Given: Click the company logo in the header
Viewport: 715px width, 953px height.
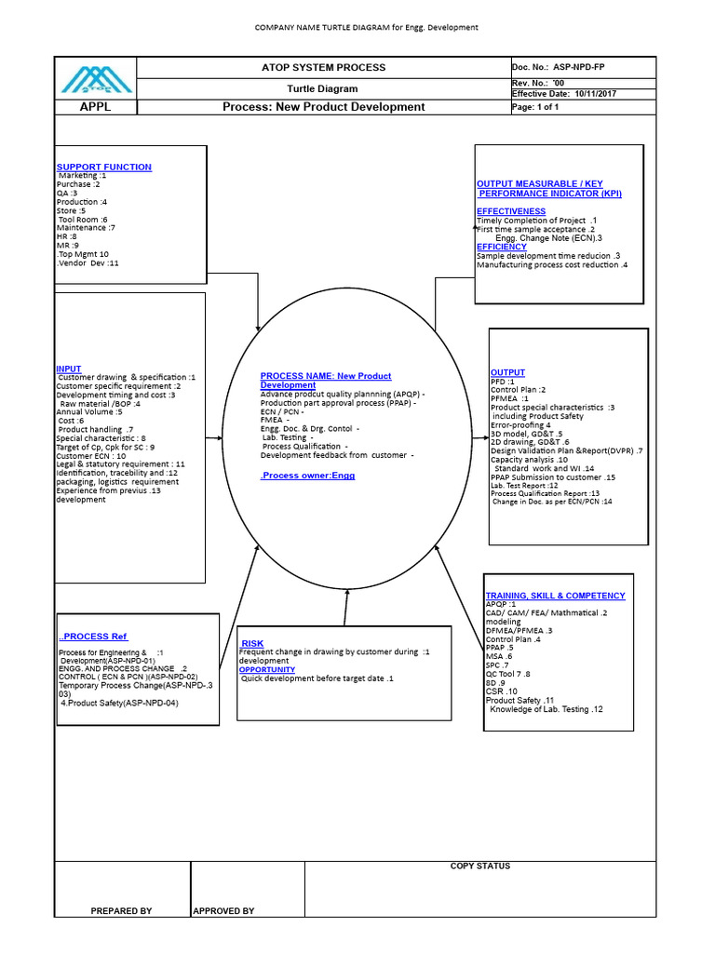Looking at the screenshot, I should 96,78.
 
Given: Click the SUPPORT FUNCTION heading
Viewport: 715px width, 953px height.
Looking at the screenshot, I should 104,168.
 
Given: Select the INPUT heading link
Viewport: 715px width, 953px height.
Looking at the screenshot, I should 69,369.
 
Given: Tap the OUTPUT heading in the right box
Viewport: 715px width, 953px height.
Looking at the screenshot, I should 507,373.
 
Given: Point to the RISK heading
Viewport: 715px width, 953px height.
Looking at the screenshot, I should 252,644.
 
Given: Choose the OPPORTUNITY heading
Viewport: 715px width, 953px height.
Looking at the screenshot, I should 267,669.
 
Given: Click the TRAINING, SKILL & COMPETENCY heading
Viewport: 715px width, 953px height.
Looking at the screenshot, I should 555,596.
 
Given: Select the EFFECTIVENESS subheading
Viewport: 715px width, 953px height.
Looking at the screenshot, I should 511,211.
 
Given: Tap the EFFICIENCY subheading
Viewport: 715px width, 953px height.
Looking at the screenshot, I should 502,247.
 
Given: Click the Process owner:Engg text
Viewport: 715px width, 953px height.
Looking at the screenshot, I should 307,476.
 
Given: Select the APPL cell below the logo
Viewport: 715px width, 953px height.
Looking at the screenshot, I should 95,107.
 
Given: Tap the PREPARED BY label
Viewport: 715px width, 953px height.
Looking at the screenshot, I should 121,911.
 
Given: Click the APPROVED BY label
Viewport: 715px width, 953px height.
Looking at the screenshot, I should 223,911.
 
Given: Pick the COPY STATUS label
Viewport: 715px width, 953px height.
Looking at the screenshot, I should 480,866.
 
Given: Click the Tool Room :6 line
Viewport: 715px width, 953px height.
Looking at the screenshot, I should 82,220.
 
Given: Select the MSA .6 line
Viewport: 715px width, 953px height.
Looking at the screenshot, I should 500,656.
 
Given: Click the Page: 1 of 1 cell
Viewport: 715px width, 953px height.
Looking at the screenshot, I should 535,107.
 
